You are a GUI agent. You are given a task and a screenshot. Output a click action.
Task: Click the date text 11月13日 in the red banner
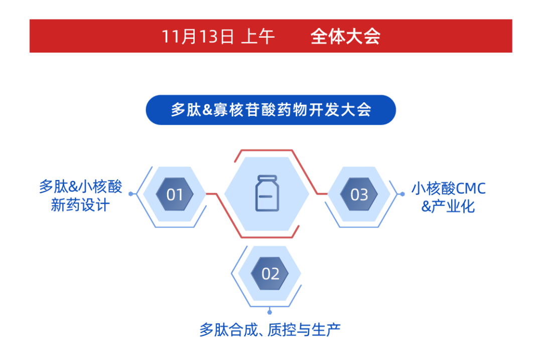198,37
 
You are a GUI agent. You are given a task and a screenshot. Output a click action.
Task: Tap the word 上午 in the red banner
258,37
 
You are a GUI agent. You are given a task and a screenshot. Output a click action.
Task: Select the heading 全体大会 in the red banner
345,37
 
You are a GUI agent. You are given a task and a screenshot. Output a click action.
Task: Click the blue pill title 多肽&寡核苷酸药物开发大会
271,110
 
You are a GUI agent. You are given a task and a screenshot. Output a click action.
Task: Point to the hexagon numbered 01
175,194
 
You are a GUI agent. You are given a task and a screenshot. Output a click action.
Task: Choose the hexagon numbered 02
270,274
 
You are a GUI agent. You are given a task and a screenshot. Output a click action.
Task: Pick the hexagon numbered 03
359,194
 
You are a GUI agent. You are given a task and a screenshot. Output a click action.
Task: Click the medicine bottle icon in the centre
266,194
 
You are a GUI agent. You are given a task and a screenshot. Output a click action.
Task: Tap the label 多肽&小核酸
80,188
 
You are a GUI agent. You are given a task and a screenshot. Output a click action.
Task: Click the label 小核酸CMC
449,189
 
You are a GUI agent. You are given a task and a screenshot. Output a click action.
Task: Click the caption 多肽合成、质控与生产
270,330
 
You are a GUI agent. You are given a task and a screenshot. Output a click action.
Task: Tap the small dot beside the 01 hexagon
131,194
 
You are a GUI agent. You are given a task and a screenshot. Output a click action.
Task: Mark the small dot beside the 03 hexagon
402,194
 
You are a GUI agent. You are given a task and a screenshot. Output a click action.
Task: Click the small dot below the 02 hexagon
270,312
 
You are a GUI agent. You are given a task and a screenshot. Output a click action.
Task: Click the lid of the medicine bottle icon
266,178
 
